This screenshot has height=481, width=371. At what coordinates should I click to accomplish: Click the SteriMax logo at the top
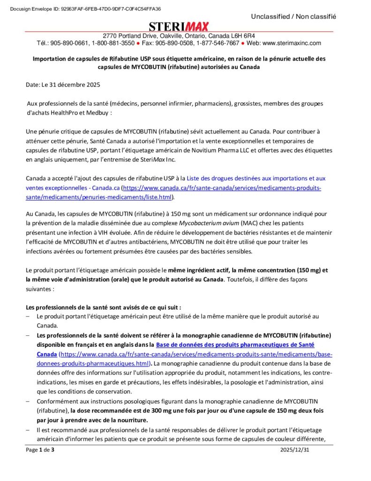coord(179,26)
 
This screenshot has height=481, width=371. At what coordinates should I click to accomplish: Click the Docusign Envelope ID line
coord(85,8)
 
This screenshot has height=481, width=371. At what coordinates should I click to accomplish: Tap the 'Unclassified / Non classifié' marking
coord(294,16)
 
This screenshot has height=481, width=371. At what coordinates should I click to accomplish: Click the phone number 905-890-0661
coord(71,43)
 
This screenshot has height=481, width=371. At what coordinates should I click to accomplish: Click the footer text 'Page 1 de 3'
coord(40,450)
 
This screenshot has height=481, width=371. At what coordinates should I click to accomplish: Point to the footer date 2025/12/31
coord(295,450)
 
